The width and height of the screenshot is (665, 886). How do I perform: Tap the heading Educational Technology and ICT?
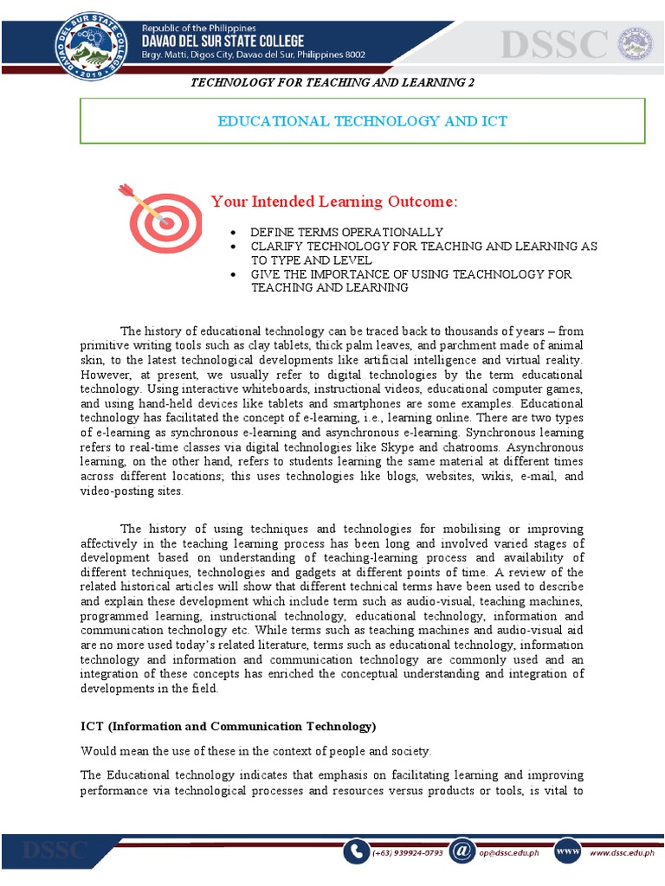(362, 121)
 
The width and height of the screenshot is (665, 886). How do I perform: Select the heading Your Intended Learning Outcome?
(333, 202)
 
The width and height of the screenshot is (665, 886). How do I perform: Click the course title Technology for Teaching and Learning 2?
(332, 82)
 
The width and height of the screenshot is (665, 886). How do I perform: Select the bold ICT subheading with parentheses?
(229, 726)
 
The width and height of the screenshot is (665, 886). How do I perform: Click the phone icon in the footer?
(355, 851)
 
